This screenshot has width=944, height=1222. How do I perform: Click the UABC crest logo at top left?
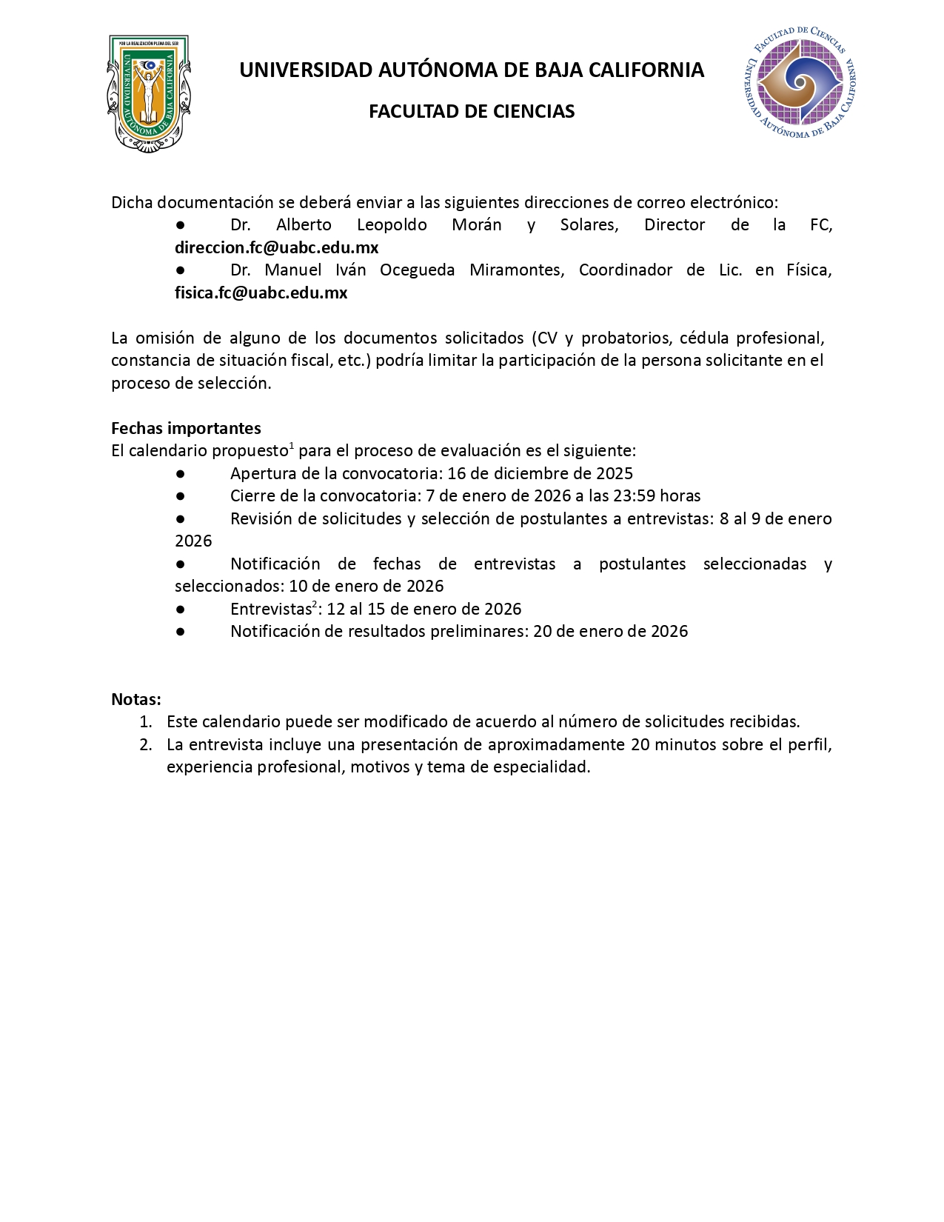pos(148,93)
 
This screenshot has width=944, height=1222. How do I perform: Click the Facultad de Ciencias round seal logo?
pos(799,82)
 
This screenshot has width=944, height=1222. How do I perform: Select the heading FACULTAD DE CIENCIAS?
pos(472,112)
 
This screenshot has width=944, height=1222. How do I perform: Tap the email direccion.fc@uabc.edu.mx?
pos(276,247)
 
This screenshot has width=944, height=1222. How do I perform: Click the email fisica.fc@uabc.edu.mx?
pos(261,293)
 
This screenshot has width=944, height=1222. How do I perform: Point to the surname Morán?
pos(477,225)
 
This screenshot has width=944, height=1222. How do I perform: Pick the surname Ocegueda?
pos(417,270)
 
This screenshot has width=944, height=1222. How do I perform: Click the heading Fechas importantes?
pos(186,428)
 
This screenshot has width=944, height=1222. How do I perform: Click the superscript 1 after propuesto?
pos(292,446)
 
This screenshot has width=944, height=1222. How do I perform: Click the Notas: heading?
pos(136,699)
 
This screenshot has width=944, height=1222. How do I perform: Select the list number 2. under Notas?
pos(146,744)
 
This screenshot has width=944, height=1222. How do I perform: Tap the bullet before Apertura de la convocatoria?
pos(180,473)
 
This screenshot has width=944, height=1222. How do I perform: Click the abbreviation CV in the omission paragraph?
pos(547,338)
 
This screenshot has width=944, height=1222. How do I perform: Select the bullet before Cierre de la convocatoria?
pos(180,495)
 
